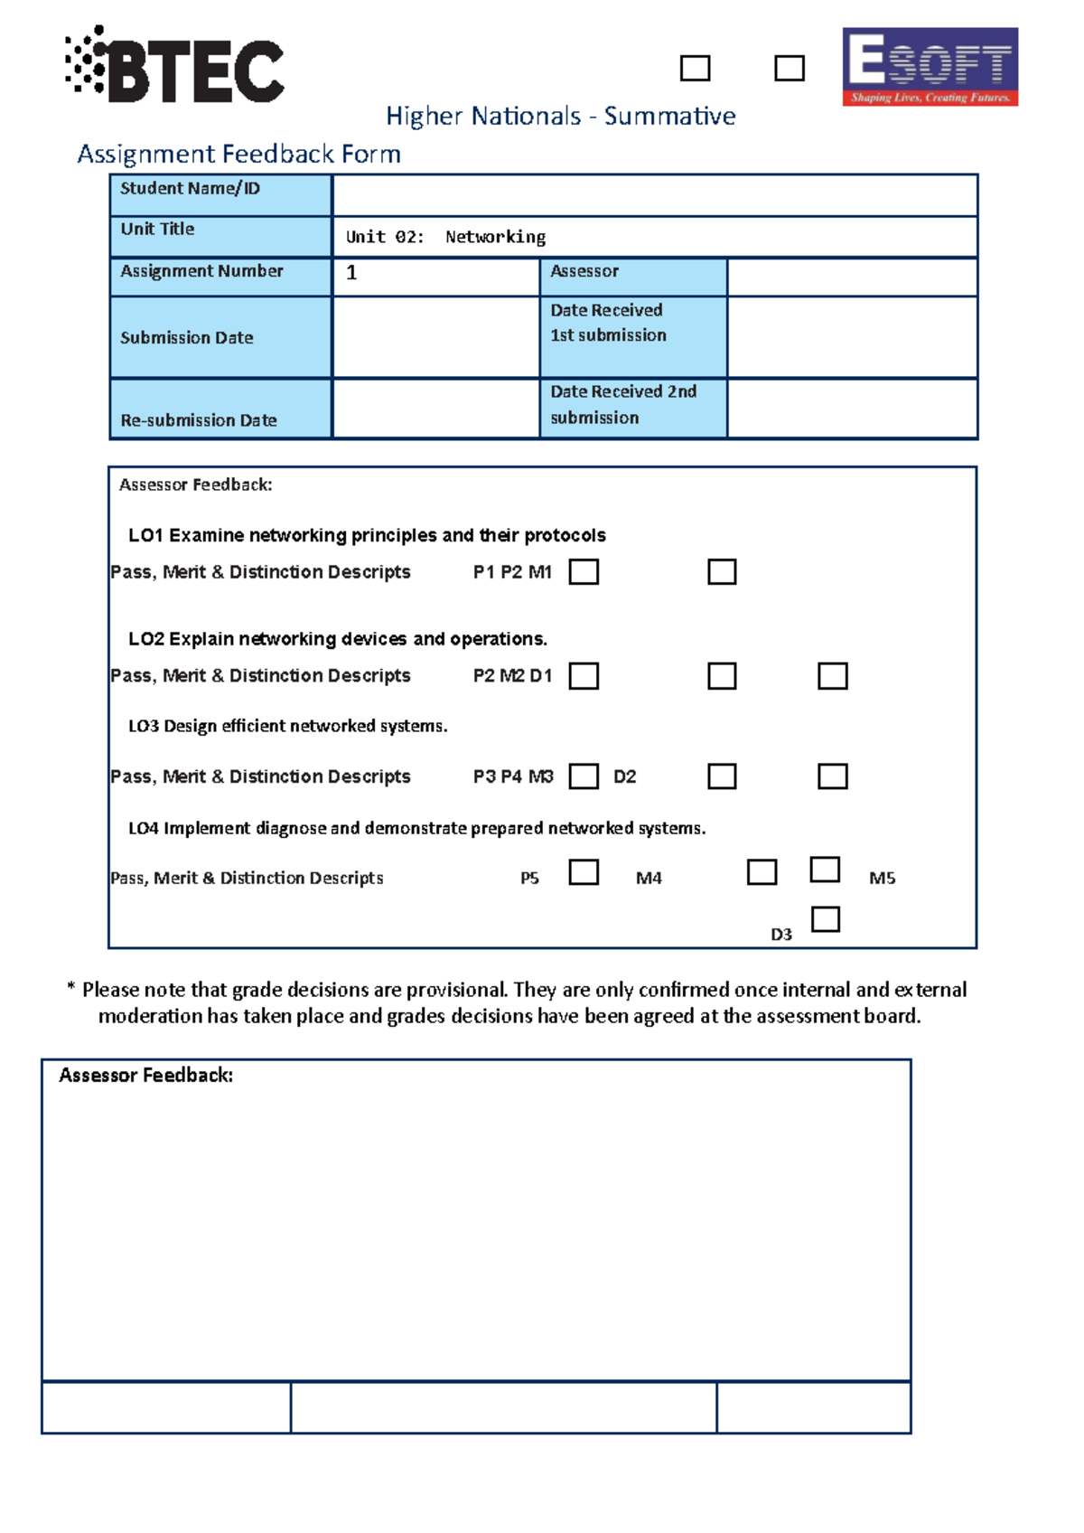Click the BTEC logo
click(175, 65)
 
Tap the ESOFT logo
click(930, 67)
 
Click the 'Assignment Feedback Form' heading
click(238, 155)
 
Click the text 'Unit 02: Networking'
click(445, 237)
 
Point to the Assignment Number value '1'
click(351, 273)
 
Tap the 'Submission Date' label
click(187, 338)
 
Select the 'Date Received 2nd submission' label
click(623, 405)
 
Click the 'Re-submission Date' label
click(199, 420)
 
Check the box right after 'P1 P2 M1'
click(584, 572)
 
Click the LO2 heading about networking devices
click(338, 639)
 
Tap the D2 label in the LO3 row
click(624, 777)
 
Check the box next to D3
click(825, 919)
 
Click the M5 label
click(882, 879)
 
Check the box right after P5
click(584, 872)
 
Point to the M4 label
click(649, 879)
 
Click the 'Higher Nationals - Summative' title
click(560, 117)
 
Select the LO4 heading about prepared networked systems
click(416, 829)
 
